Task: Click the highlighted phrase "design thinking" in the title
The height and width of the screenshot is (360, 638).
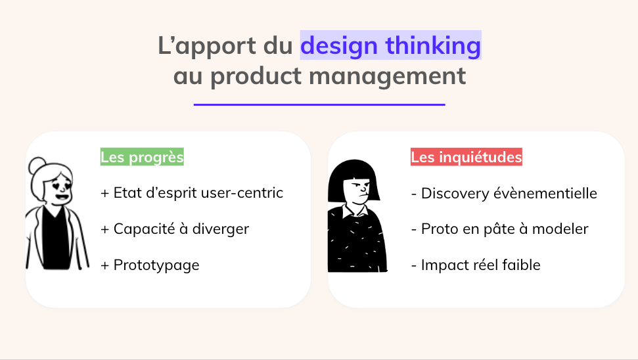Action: pyautogui.click(x=390, y=45)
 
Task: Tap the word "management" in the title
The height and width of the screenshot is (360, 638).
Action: pyautogui.click(x=388, y=76)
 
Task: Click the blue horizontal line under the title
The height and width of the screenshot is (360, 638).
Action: pyautogui.click(x=319, y=104)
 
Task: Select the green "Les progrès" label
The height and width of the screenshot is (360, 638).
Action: pyautogui.click(x=142, y=156)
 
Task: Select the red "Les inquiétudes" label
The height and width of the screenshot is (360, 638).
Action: pyautogui.click(x=467, y=156)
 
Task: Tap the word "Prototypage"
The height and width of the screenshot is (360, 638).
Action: pyautogui.click(x=156, y=265)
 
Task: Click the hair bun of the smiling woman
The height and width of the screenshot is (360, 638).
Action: pyautogui.click(x=38, y=165)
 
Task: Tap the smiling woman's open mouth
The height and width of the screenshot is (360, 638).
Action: pyautogui.click(x=62, y=197)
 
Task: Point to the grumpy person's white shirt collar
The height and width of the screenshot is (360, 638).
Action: pyautogui.click(x=355, y=211)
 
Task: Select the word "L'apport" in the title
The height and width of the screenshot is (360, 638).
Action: pyautogui.click(x=207, y=45)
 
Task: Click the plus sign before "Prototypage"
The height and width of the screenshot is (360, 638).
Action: pyautogui.click(x=105, y=265)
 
